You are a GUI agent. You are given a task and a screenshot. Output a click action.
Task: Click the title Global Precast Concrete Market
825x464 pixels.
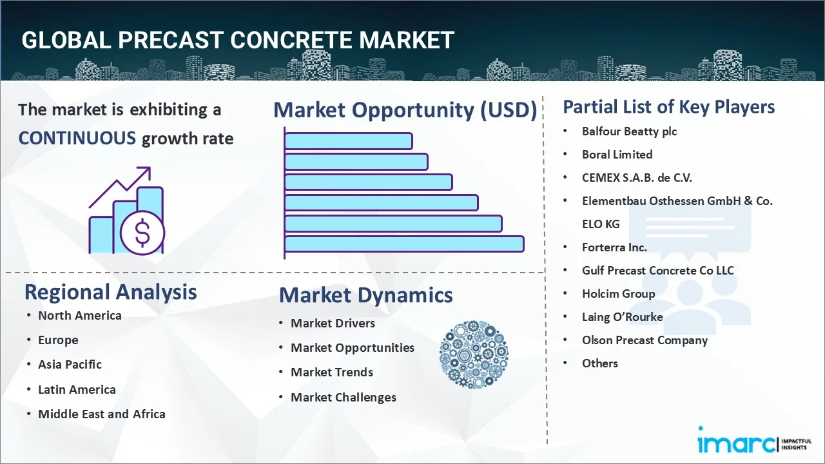pyautogui.click(x=238, y=40)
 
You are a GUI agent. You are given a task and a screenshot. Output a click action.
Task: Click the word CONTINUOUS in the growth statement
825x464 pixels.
pyautogui.click(x=77, y=138)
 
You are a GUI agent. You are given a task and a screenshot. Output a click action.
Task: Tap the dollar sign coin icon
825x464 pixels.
pyautogui.click(x=142, y=233)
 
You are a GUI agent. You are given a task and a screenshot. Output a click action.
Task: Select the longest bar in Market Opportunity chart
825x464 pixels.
pyautogui.click(x=404, y=244)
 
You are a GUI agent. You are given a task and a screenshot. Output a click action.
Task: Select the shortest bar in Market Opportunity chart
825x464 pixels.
pyautogui.click(x=348, y=140)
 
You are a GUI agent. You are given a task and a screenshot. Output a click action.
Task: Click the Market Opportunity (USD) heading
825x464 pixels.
pyautogui.click(x=405, y=110)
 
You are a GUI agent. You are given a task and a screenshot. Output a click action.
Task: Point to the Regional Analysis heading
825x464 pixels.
pyautogui.click(x=110, y=292)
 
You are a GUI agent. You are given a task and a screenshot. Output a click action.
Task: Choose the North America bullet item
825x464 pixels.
pyautogui.click(x=79, y=315)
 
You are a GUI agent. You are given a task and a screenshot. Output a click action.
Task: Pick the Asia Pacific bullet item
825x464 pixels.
pyautogui.click(x=70, y=364)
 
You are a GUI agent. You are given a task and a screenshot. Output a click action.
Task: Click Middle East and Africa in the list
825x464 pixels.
pyautogui.click(x=101, y=414)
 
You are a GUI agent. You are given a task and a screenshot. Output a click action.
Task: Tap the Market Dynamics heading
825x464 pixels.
pyautogui.click(x=365, y=295)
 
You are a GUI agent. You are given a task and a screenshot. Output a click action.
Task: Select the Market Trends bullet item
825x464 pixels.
pyautogui.click(x=331, y=372)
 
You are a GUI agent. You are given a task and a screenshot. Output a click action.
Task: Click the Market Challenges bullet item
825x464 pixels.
pyautogui.click(x=343, y=397)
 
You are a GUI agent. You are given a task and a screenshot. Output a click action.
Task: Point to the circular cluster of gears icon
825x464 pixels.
pyautogui.click(x=474, y=354)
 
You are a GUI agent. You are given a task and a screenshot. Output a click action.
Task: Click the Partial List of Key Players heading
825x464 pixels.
pyautogui.click(x=668, y=106)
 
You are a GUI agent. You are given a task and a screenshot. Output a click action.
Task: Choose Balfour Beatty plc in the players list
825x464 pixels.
pyautogui.click(x=629, y=131)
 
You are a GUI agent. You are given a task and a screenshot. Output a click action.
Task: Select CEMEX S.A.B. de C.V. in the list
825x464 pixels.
pyautogui.click(x=637, y=177)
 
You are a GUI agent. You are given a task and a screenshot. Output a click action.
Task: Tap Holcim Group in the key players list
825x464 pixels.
pyautogui.click(x=618, y=293)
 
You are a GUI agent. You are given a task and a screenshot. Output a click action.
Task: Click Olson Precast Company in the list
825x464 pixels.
pyautogui.click(x=645, y=340)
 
